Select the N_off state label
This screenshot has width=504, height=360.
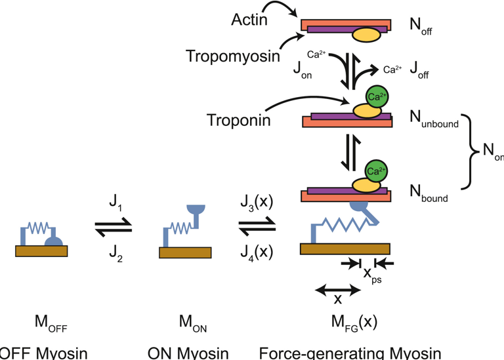[421, 28]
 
